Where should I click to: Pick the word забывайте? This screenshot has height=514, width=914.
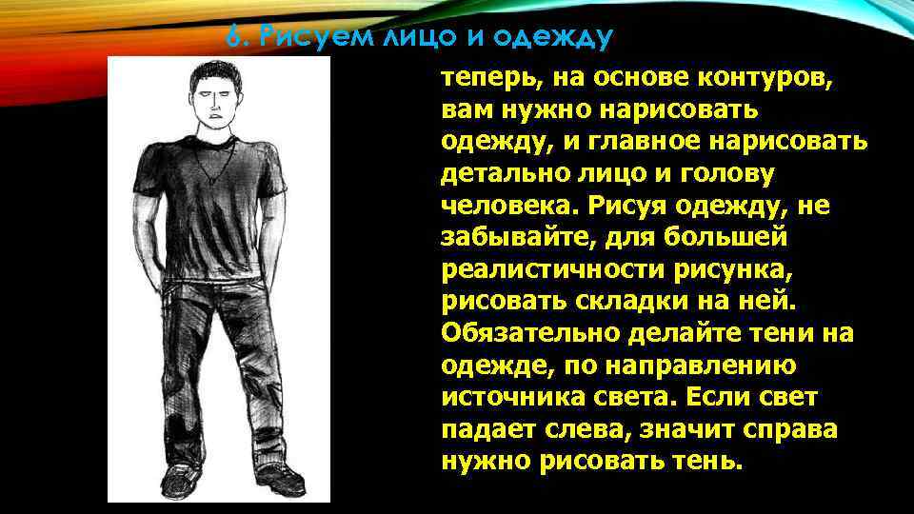coord(507,237)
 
